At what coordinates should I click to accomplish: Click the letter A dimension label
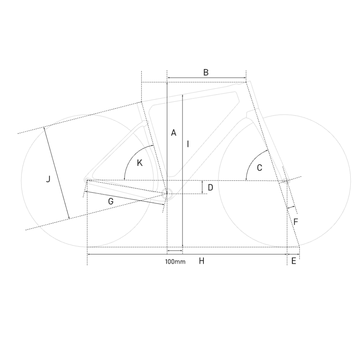click(x=174, y=132)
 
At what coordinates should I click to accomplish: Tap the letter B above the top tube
click(x=206, y=72)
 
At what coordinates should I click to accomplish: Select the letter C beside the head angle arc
click(x=260, y=167)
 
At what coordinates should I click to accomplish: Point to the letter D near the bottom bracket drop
click(x=211, y=187)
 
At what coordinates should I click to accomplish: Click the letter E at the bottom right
click(x=293, y=261)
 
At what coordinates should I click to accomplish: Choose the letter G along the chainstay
click(x=111, y=202)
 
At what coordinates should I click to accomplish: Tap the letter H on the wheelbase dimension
click(x=202, y=261)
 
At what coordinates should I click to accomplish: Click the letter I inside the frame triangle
click(x=188, y=144)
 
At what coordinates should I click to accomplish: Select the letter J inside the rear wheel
click(x=48, y=179)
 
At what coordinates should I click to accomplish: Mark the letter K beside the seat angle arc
click(x=140, y=163)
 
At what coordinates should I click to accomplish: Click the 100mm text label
click(x=175, y=262)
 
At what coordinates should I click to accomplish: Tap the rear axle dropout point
click(x=87, y=180)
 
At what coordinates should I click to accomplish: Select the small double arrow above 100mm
click(x=175, y=250)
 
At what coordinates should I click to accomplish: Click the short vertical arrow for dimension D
click(x=203, y=187)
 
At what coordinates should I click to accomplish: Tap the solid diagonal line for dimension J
click(x=56, y=173)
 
